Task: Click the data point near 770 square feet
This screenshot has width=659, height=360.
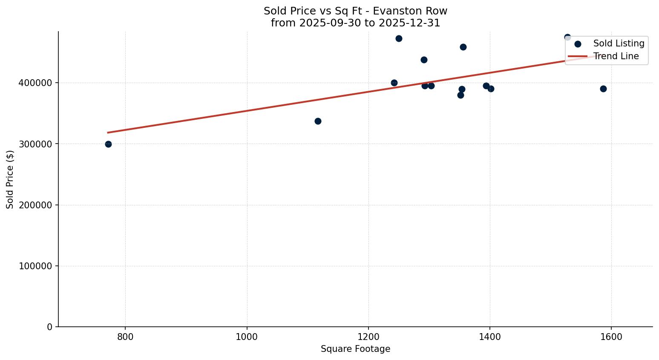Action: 108,144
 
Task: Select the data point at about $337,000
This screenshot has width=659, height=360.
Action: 318,121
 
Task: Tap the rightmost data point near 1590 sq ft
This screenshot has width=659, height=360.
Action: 603,89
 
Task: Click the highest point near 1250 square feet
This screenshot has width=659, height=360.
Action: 399,38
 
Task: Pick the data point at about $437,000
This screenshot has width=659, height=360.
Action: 424,60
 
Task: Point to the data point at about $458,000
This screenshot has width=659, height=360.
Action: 463,47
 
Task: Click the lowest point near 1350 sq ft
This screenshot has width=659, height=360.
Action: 460,95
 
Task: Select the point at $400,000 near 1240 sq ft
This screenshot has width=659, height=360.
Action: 394,83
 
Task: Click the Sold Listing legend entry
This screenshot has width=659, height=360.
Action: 618,43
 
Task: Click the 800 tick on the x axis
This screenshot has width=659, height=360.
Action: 125,337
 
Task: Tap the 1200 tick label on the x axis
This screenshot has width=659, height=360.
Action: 368,337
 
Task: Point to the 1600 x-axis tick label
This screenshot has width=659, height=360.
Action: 611,337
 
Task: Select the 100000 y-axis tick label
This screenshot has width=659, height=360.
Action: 35,266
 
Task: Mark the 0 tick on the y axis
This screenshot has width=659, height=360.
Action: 50,327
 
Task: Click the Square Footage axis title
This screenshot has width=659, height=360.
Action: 355,349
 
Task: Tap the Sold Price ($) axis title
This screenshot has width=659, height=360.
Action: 10,179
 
